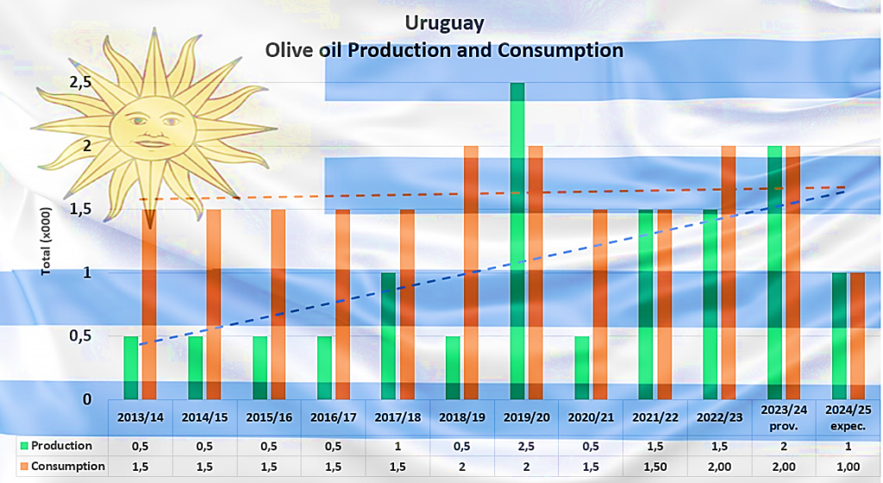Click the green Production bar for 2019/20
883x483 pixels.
[517, 241]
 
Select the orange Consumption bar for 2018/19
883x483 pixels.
[471, 273]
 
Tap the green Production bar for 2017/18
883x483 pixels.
[388, 336]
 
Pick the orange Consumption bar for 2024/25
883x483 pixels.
[857, 336]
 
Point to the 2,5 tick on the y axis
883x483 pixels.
[80, 83]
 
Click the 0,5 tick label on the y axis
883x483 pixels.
[80, 336]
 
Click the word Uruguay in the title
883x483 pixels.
[443, 22]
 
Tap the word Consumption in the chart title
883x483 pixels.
[560, 50]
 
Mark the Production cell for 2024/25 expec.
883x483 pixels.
[848, 446]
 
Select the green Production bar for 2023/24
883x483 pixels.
[775, 273]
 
